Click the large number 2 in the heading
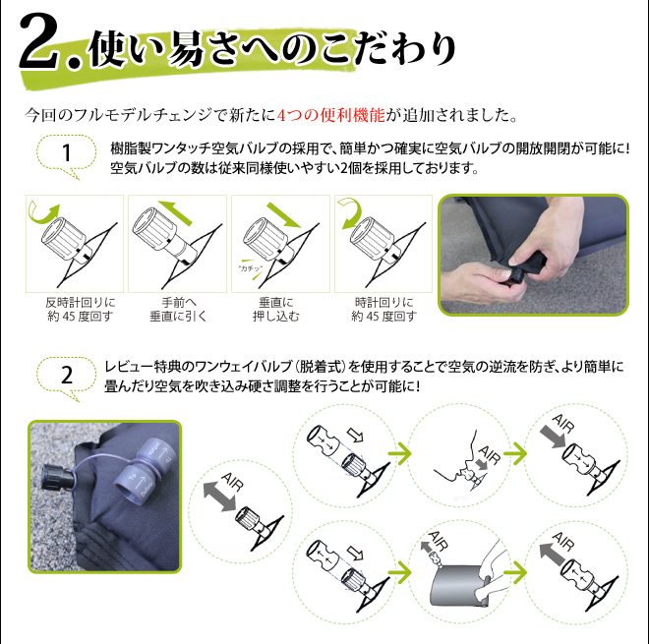(38, 40)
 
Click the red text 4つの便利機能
(330, 115)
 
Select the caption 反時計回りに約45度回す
(81, 309)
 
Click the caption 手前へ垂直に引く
(178, 309)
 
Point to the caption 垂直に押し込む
(276, 309)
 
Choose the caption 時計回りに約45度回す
(383, 309)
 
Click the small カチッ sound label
(251, 268)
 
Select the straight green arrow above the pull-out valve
(175, 212)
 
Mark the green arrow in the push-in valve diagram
(283, 214)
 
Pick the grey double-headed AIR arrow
(219, 497)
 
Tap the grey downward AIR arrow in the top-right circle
(553, 437)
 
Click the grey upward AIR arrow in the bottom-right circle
(553, 555)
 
